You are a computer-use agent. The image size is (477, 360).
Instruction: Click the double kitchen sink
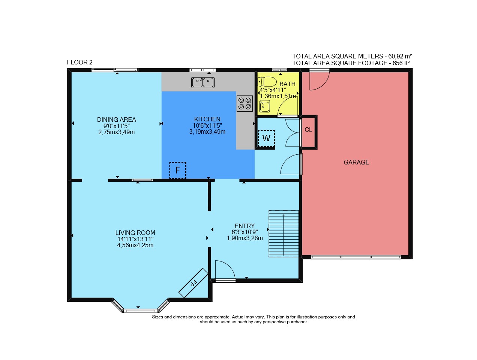pos(203,82)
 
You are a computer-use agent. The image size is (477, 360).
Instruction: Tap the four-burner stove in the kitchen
pos(244,103)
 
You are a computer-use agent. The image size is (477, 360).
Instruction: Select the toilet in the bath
pos(267,82)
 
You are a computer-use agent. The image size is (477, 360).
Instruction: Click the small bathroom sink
pos(264,106)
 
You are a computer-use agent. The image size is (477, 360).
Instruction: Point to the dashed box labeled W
pos(266,139)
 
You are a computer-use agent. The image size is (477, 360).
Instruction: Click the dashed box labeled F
pos(177,170)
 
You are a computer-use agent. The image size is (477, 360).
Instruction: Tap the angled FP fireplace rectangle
pos(193,283)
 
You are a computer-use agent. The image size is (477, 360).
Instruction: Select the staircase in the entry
pos(283,234)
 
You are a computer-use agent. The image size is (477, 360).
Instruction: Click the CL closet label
pos(308,130)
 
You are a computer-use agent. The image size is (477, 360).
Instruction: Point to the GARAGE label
pos(356,162)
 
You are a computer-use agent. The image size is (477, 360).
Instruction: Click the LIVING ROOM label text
pos(135,233)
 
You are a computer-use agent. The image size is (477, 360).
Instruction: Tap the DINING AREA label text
pos(117,120)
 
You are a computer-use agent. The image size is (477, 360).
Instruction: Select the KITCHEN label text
pos(207,119)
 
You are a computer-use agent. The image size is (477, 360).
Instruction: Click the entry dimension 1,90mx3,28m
pos(245,238)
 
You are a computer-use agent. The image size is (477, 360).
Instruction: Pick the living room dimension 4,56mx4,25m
pos(135,245)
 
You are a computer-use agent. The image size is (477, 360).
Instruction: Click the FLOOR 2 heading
pos(80,63)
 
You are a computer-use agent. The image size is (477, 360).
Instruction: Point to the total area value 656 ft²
pos(401,63)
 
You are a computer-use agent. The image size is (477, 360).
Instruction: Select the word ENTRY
pos(244,226)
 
